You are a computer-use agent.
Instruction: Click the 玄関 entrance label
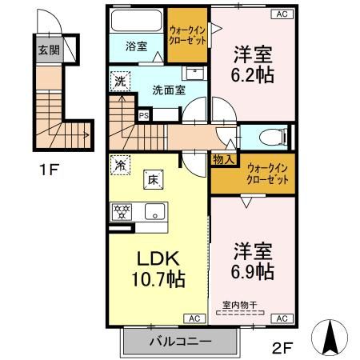[49, 50]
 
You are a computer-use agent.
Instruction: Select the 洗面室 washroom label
[169, 89]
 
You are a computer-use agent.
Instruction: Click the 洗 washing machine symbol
[120, 82]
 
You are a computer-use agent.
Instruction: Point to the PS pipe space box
[144, 115]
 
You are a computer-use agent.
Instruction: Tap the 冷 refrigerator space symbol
[120, 166]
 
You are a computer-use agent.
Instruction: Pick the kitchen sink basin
[154, 212]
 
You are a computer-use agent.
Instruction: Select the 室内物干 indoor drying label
[240, 304]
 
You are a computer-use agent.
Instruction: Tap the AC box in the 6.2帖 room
[282, 14]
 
